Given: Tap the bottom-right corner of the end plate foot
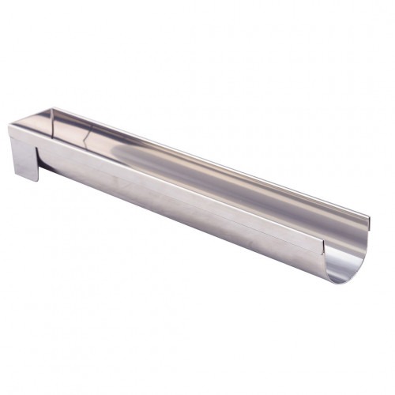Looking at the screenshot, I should pyautogui.click(x=37, y=180).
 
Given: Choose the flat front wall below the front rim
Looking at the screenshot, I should pyautogui.click(x=158, y=190).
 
